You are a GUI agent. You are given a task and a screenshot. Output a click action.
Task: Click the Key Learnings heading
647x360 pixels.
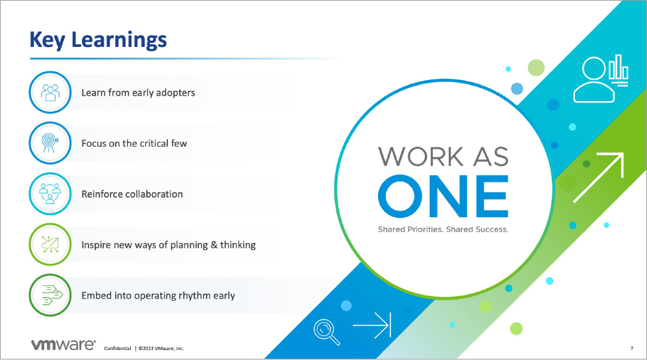(x=98, y=40)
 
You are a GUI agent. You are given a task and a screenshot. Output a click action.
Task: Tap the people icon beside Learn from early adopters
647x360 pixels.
(x=50, y=92)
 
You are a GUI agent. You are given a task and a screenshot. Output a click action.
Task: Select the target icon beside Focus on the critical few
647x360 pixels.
(x=50, y=143)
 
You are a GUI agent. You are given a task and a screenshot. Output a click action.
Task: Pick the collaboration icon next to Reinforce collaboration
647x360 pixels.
(x=50, y=194)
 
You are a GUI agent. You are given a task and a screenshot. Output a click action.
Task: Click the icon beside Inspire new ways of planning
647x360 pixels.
(x=50, y=244)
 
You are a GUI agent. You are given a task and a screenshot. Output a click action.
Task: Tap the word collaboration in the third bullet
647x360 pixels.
(x=155, y=194)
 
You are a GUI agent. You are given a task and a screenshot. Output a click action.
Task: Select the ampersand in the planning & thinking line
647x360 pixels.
(x=214, y=245)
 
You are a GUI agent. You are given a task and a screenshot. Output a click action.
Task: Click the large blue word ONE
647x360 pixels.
(x=443, y=196)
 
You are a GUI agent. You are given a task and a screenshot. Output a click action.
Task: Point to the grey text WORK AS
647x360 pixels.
(x=443, y=157)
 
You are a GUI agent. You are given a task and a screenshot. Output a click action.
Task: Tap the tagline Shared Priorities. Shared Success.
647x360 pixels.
(x=443, y=229)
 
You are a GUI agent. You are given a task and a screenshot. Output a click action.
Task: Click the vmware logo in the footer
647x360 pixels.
(x=63, y=345)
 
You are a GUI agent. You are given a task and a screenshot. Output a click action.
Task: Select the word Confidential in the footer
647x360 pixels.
(x=118, y=349)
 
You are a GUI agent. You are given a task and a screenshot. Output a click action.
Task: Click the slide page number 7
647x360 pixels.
(x=632, y=349)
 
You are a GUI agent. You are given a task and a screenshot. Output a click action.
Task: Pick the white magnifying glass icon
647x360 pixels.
(x=326, y=332)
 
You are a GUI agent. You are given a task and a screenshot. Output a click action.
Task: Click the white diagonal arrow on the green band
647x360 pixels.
(x=598, y=178)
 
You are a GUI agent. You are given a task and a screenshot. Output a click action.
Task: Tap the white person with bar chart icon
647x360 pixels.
(x=601, y=79)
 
